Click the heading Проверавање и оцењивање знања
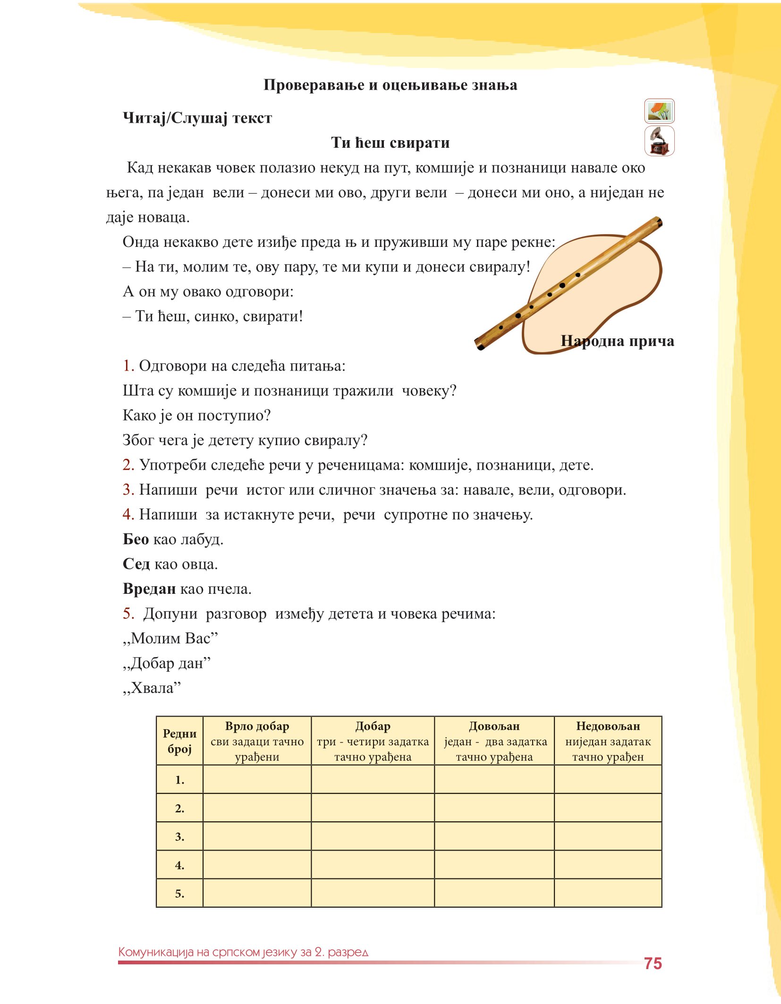pos(390,85)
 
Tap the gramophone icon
pos(659,141)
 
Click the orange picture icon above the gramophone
pos(659,111)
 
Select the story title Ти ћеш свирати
pos(390,143)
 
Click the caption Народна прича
pos(617,341)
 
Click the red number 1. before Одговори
pos(128,366)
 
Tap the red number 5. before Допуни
pos(128,614)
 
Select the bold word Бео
pos(136,540)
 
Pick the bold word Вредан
pos(149,589)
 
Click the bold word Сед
pos(136,564)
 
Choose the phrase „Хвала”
pos(152,688)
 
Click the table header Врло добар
pos(257,726)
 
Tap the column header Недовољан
pos(608,726)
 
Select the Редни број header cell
pos(179,741)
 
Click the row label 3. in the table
pos(179,836)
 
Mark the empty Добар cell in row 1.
pos(373,779)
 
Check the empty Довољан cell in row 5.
pos(494,893)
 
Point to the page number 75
pos(653,963)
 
